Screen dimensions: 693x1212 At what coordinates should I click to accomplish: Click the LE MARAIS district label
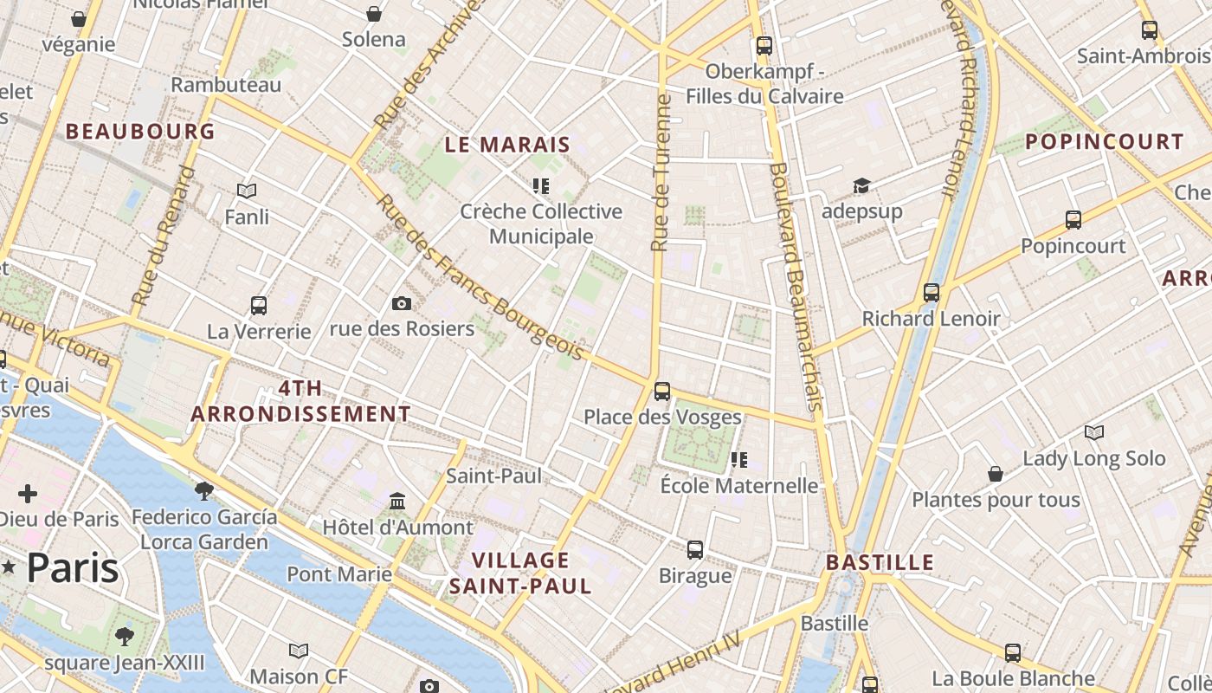pos(507,145)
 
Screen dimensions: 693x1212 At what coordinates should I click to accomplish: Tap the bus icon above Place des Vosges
pos(662,392)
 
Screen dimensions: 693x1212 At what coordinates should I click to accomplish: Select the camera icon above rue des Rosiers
pos(402,303)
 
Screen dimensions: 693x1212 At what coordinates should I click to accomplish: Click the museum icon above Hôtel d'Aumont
pos(397,502)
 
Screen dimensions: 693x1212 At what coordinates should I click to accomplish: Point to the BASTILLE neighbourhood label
pos(880,562)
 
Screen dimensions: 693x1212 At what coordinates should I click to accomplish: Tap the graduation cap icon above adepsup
pos(861,185)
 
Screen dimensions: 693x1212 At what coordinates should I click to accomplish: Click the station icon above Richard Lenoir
pos(932,293)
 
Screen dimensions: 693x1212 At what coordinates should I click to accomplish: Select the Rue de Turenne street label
pos(661,173)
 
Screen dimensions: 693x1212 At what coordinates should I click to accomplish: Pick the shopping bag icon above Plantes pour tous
pos(996,474)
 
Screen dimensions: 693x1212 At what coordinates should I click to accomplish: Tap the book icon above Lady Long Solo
pos(1094,432)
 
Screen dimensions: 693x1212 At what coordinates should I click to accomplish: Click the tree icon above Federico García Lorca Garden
pos(204,491)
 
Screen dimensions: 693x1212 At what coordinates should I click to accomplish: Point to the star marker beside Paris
pos(10,567)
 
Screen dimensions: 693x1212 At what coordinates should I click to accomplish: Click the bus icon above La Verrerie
pos(259,305)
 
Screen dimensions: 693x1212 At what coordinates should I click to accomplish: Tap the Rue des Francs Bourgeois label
pos(480,277)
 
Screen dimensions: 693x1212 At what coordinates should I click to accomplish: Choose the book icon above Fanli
pos(247,191)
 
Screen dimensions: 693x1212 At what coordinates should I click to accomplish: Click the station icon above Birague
pos(695,549)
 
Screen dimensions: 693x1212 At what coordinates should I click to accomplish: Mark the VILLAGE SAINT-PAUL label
pos(520,573)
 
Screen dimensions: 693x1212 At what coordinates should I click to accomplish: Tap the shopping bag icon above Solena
pos(374,14)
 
